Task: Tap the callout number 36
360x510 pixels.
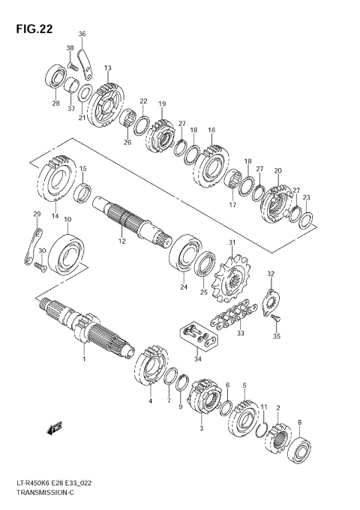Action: click(x=82, y=34)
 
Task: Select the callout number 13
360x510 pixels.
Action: click(x=107, y=68)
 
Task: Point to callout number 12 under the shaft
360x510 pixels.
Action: click(x=121, y=241)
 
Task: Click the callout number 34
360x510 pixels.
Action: click(x=198, y=358)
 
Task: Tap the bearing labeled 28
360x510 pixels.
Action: click(x=55, y=77)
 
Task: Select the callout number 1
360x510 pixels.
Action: click(x=84, y=359)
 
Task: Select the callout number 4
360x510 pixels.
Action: click(x=150, y=402)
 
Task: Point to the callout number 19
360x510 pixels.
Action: click(x=162, y=103)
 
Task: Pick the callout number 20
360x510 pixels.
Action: click(x=277, y=171)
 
